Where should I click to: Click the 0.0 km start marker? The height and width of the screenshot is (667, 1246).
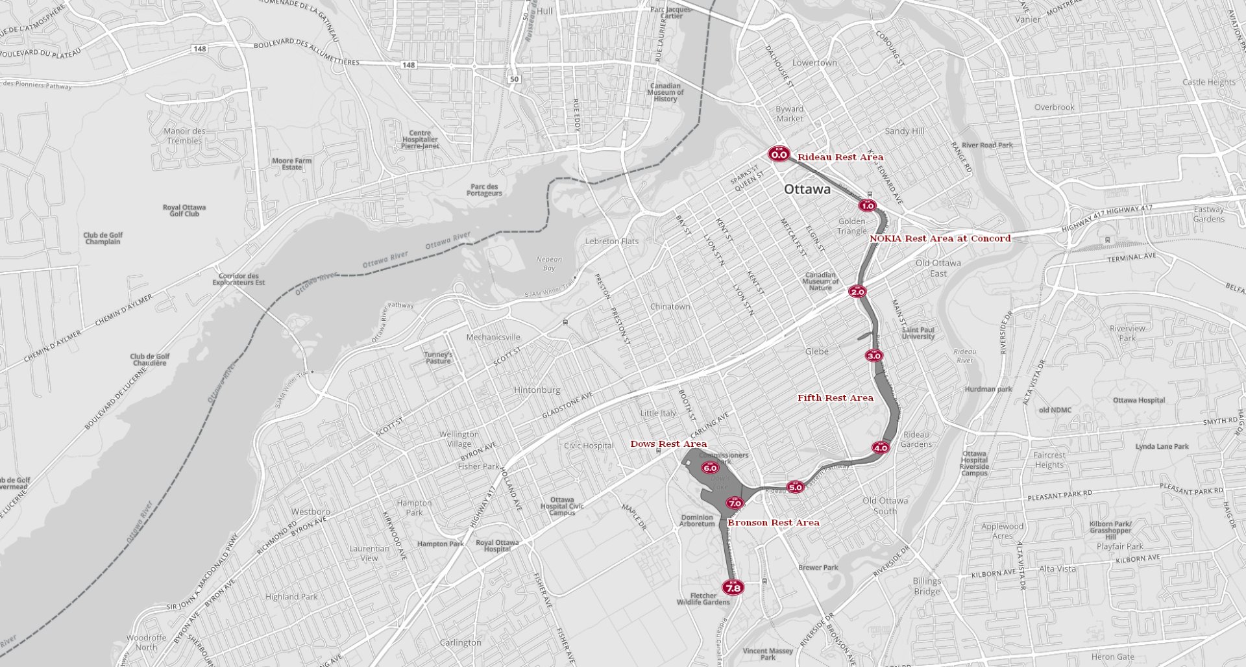[x=779, y=154]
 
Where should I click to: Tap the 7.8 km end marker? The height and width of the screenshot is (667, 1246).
[x=733, y=587]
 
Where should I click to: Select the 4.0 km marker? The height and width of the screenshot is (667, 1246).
[x=881, y=447]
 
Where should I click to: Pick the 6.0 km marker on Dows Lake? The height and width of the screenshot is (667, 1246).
[x=710, y=468]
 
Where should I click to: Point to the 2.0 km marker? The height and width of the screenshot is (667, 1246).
[x=857, y=292]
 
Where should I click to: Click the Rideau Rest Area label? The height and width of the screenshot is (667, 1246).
[x=840, y=157]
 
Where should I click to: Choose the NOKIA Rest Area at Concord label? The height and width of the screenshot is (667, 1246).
[x=940, y=238]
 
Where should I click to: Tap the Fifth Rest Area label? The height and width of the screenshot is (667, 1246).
[x=835, y=397]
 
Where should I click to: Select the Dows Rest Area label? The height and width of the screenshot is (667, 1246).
[x=668, y=444]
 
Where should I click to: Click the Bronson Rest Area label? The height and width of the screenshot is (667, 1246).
[x=773, y=522]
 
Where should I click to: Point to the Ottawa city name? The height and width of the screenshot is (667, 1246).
[x=807, y=189]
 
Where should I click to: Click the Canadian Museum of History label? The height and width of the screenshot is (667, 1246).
[x=665, y=92]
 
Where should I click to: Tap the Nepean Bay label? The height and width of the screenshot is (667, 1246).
[x=549, y=263]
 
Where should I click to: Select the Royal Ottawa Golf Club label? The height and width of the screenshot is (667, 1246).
[x=184, y=210]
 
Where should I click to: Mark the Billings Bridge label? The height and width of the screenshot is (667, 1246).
[x=927, y=586]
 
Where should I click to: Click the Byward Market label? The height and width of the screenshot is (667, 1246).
[x=789, y=114]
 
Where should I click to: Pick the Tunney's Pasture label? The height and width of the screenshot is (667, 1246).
[x=439, y=358]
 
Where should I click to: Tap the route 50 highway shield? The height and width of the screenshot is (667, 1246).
[x=515, y=79]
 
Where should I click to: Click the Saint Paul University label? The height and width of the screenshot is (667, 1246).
[x=918, y=333]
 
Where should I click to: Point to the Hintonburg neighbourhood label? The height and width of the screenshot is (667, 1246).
[x=537, y=390]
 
